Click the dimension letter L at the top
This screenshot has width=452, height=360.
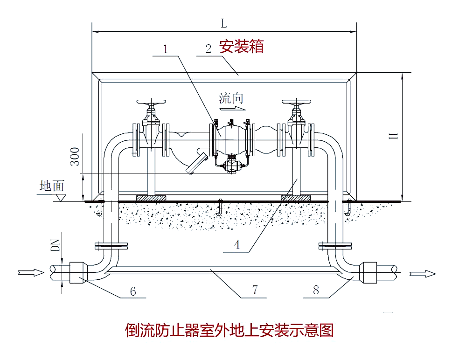click(x=224, y=23)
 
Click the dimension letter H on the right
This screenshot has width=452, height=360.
click(x=394, y=136)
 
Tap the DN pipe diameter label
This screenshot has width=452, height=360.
click(x=56, y=244)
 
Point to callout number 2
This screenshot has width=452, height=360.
click(x=209, y=48)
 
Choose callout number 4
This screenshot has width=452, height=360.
click(x=237, y=245)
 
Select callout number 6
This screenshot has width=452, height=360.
click(x=133, y=291)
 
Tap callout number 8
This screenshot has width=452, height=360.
click(x=316, y=290)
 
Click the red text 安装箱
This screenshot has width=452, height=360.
click(x=242, y=47)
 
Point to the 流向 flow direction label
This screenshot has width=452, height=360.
click(x=231, y=98)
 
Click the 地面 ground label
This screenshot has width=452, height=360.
click(x=52, y=186)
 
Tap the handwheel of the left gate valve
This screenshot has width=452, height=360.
click(x=151, y=102)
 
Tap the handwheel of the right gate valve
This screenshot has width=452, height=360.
click(x=297, y=102)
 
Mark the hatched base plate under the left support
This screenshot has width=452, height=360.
click(x=151, y=198)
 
